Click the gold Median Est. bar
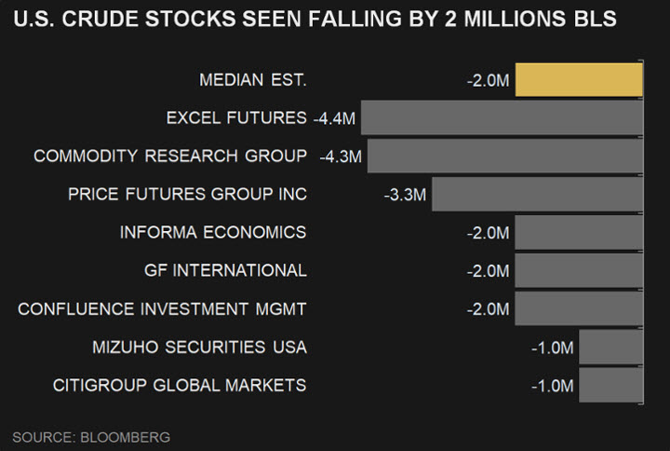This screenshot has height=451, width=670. pos(579,79)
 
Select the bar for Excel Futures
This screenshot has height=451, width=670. pos(502,118)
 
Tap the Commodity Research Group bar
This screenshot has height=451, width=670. pos(504,156)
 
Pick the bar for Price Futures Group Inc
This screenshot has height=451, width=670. pos(537,194)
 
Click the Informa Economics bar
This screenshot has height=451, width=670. pos(579,232)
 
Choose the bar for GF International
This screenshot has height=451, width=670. pos(579,270)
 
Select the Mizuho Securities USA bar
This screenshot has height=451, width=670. pos(610,348)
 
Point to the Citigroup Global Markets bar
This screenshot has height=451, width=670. pos(610,385)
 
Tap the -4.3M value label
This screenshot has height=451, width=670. pos(341,156)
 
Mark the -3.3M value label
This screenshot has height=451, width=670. pos(405,195)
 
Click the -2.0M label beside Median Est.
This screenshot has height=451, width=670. pos(489,80)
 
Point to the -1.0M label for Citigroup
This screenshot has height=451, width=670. pos(553,386)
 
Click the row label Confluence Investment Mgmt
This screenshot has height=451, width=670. pos(162,309)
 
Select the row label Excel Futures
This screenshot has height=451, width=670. pos(236,118)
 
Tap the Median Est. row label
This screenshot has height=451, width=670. pos(252,80)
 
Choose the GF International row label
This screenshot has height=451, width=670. pos(225,271)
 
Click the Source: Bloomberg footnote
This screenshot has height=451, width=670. pos(91,436)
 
